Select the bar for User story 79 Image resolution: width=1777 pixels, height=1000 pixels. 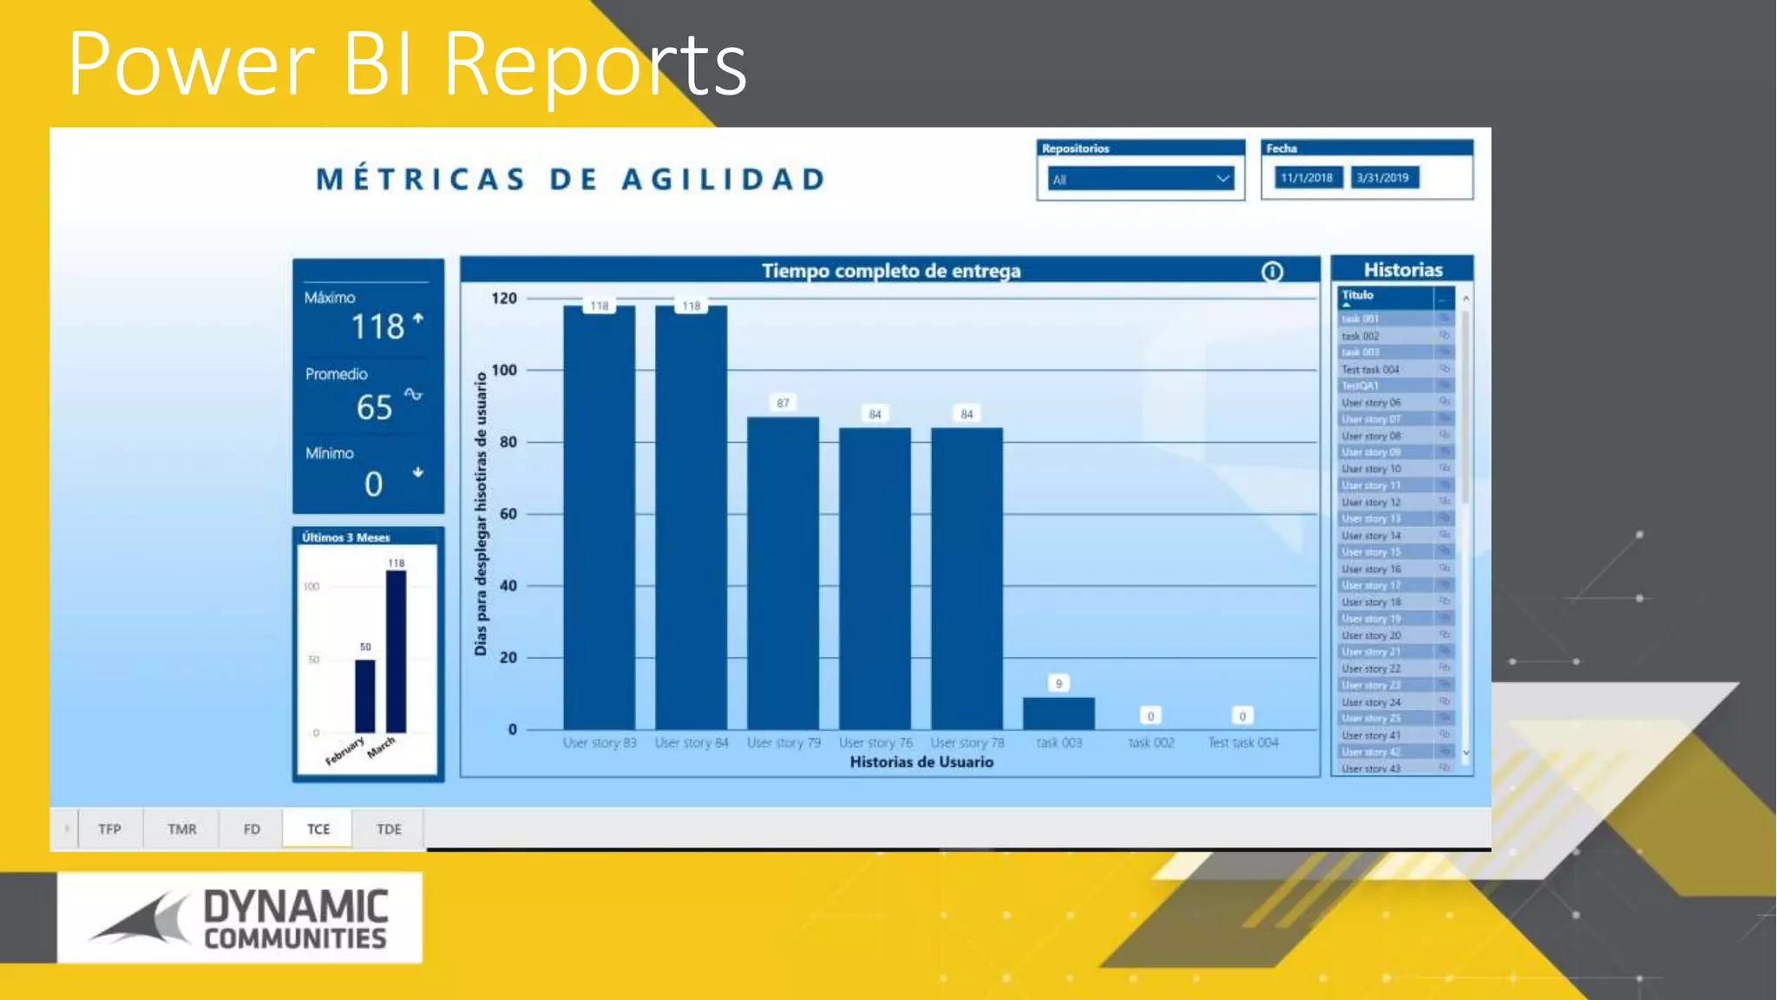[x=783, y=573]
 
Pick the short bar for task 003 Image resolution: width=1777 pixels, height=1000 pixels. [x=1059, y=714]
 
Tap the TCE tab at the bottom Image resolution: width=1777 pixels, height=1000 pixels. [x=318, y=829]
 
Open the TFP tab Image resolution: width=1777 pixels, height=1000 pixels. [x=109, y=829]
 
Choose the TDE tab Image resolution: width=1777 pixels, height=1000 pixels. [x=389, y=829]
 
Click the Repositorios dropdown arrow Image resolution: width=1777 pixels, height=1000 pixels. [x=1223, y=179]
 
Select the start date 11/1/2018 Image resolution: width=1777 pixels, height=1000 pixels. [x=1307, y=178]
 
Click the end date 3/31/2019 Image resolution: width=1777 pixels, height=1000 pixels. [x=1383, y=178]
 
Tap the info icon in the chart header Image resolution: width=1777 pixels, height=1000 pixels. [x=1272, y=272]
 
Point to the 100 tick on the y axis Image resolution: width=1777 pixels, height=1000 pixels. [x=504, y=370]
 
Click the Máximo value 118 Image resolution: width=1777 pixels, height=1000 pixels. [x=377, y=327]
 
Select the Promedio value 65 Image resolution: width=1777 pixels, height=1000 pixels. [x=375, y=407]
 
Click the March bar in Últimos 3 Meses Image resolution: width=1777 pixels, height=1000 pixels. [x=396, y=652]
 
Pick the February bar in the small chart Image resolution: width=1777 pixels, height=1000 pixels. [x=365, y=696]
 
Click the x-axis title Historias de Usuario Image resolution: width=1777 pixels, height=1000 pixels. [x=921, y=762]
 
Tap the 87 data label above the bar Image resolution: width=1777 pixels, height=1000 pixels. [x=783, y=403]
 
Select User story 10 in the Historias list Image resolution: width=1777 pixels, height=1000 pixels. [x=1371, y=469]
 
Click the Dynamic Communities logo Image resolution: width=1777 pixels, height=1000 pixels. [x=239, y=918]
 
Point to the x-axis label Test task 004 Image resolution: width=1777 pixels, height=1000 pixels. [x=1243, y=743]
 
